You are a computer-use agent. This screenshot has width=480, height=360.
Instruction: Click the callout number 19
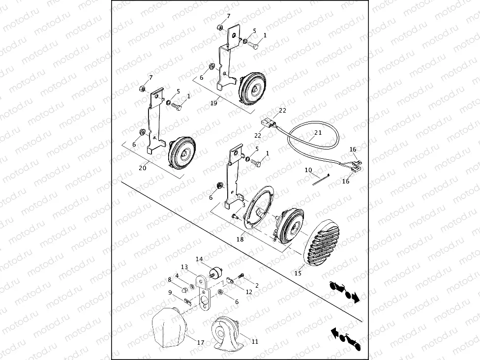213,103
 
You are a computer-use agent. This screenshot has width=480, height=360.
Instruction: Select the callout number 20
143,168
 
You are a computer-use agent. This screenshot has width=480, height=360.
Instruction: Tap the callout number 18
240,239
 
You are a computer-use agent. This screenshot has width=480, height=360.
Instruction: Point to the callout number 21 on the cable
318,133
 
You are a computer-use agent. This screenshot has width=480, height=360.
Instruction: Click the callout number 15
298,273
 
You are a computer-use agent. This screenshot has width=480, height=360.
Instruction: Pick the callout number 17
201,343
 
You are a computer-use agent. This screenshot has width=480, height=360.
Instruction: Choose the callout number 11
255,342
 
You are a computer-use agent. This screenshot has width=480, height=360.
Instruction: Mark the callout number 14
199,259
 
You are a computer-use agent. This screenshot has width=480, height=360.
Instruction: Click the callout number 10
308,170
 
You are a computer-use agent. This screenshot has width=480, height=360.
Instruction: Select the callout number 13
184,267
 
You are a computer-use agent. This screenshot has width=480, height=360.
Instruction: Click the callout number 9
170,292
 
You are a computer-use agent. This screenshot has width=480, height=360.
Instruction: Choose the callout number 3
243,205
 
